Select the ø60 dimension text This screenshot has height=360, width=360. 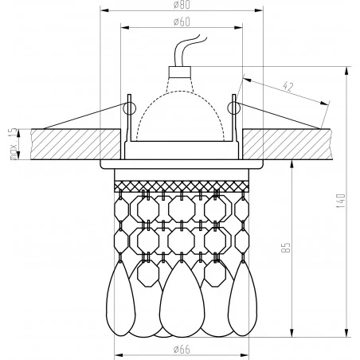[x=182, y=22]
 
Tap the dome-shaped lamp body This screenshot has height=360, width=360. [x=182, y=112]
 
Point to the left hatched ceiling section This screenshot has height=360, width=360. [x=64, y=143]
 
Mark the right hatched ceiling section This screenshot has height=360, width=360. [x=295, y=143]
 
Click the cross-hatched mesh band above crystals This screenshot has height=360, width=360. [x=182, y=186]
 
